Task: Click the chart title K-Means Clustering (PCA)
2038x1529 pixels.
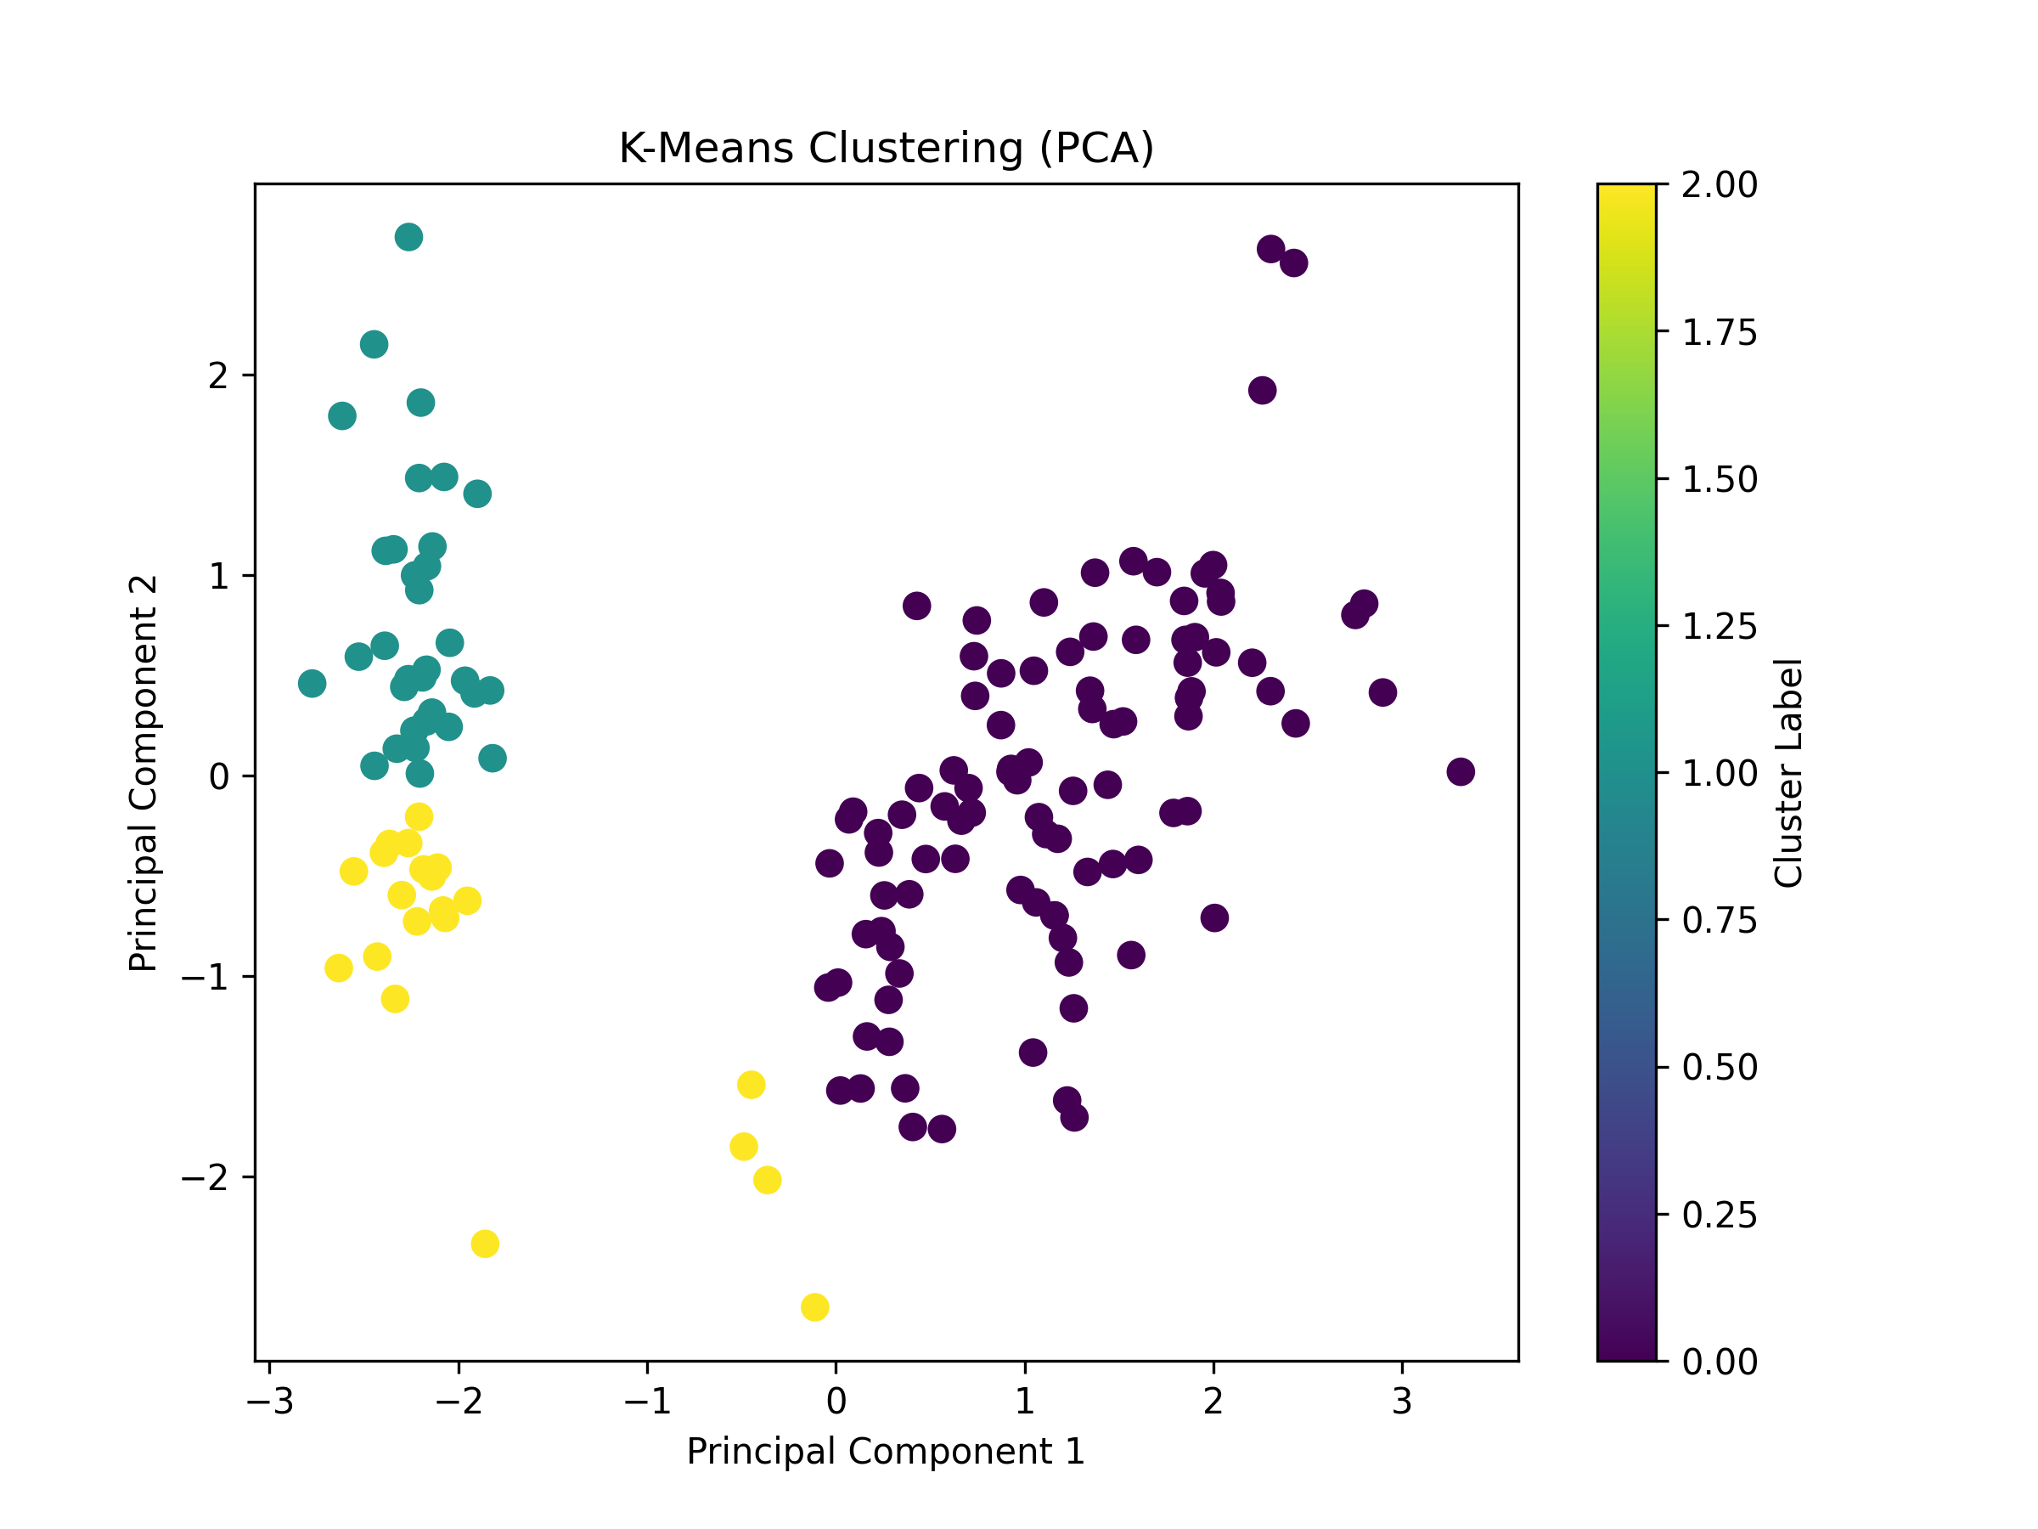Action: pyautogui.click(x=886, y=149)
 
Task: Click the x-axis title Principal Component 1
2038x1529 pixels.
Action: pyautogui.click(x=886, y=1452)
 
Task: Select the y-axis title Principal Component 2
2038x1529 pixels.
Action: pyautogui.click(x=144, y=773)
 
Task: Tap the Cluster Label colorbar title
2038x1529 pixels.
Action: pyautogui.click(x=1787, y=772)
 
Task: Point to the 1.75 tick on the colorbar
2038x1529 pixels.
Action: pyautogui.click(x=1720, y=332)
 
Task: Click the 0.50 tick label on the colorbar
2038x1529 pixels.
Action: pyautogui.click(x=1720, y=1067)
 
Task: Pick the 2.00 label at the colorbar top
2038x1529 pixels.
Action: pyautogui.click(x=1720, y=184)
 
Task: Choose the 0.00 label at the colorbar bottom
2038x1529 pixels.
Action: pyautogui.click(x=1720, y=1362)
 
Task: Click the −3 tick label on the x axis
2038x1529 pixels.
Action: pyautogui.click(x=270, y=1402)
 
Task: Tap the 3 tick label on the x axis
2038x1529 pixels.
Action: pyautogui.click(x=1401, y=1402)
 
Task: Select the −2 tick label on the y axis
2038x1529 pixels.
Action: pyautogui.click(x=205, y=1178)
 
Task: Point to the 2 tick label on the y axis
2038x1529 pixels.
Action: pyautogui.click(x=217, y=376)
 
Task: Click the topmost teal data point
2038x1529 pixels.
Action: pyautogui.click(x=409, y=237)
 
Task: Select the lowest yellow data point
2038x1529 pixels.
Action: pyautogui.click(x=814, y=1307)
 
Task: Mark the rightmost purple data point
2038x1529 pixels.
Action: pyautogui.click(x=1461, y=771)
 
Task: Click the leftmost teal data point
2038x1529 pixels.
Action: pyautogui.click(x=312, y=684)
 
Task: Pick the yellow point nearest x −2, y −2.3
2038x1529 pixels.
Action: pyautogui.click(x=485, y=1244)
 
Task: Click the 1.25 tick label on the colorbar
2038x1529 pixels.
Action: pyautogui.click(x=1720, y=627)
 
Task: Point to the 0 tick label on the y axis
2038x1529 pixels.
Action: pyautogui.click(x=218, y=777)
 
